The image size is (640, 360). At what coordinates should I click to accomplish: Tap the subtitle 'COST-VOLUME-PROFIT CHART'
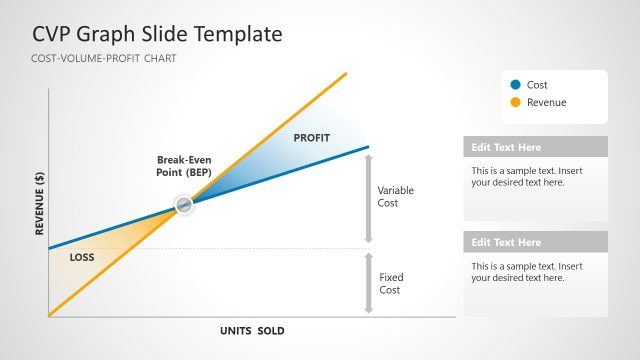(104, 59)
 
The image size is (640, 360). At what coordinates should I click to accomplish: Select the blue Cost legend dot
(515, 85)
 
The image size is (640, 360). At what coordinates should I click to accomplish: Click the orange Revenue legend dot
(515, 102)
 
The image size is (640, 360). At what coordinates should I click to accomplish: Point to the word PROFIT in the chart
(312, 137)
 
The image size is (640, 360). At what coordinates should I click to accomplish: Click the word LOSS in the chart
(82, 257)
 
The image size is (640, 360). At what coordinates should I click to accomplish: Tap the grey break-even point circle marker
(183, 205)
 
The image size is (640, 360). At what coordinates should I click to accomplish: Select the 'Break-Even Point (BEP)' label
(184, 166)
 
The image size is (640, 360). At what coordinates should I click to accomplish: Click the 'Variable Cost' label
(395, 196)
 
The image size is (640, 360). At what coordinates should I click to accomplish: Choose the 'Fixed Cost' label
(390, 283)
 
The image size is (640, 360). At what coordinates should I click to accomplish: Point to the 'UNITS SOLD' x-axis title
(252, 330)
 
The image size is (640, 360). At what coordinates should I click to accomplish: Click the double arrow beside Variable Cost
(368, 198)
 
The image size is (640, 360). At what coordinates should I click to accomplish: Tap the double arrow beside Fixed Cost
(368, 284)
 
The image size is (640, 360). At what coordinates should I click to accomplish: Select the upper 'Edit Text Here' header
(506, 147)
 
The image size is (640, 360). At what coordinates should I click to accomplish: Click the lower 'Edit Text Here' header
(506, 242)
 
